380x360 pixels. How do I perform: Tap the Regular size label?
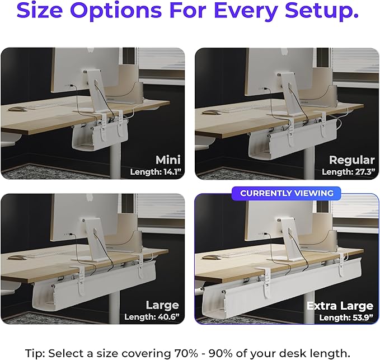click(351, 160)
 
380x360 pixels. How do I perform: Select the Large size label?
click(162, 305)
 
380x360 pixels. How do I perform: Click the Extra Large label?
click(340, 306)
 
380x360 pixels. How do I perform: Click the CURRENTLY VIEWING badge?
click(287, 193)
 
